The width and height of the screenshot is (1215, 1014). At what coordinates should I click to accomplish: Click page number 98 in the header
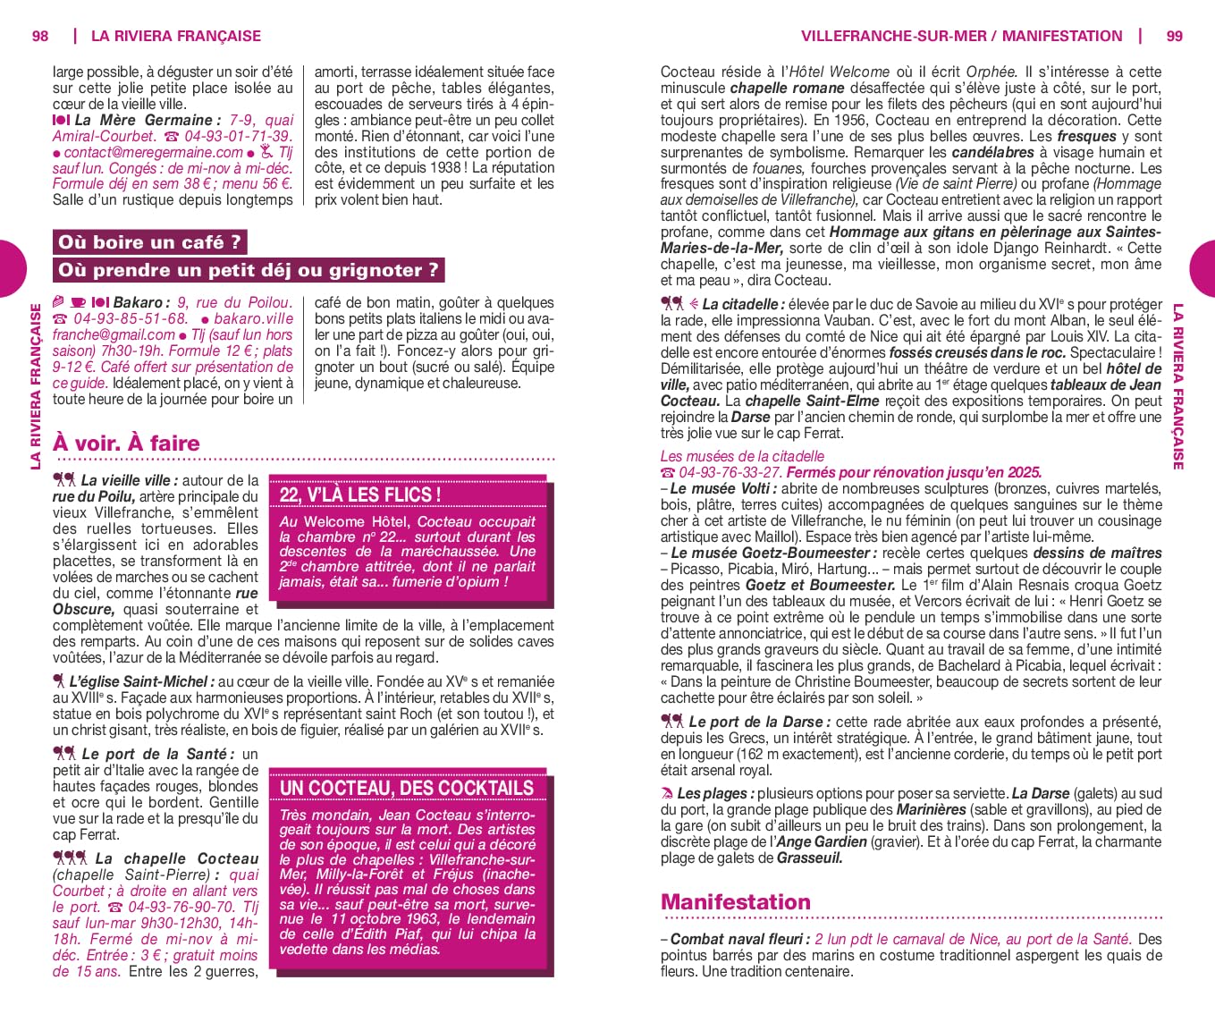[40, 36]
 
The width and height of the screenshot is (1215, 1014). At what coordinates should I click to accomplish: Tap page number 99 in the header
[1174, 36]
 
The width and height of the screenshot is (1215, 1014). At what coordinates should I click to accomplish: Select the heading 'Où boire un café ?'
[149, 242]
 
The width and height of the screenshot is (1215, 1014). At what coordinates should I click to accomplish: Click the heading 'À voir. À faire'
[126, 443]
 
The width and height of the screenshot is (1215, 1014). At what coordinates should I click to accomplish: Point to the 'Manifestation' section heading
[735, 901]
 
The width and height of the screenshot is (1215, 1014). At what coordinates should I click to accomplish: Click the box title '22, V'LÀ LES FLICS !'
[359, 494]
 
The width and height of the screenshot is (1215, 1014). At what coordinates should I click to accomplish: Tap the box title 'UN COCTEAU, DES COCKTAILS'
[407, 788]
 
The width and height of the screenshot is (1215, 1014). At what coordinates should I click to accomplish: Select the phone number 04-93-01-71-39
[238, 136]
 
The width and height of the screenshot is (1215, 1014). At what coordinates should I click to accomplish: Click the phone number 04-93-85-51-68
[131, 318]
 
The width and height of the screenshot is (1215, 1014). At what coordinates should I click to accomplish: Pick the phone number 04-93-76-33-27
[730, 472]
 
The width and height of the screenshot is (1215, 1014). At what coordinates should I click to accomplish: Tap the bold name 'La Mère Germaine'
[144, 120]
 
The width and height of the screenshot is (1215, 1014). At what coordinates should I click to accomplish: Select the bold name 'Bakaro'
[138, 302]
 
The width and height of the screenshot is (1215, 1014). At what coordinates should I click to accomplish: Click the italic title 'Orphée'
[990, 72]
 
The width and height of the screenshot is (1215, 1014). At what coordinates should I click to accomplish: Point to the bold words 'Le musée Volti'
[722, 488]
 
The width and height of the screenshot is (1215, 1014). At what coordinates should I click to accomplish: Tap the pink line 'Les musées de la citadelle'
[742, 456]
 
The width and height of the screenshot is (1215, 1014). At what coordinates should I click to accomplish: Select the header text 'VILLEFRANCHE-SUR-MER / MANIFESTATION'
[961, 36]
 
